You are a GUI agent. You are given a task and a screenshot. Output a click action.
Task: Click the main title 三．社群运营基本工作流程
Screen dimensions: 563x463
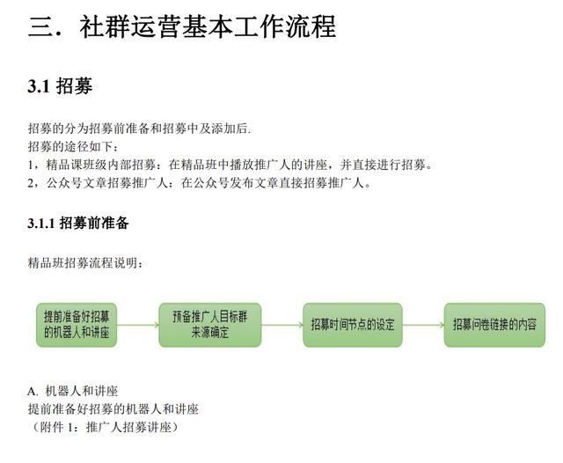tap(182, 26)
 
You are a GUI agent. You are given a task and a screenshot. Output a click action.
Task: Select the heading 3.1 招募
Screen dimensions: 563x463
tap(60, 86)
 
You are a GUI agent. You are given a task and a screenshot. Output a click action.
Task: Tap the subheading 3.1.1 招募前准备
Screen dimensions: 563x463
tap(78, 223)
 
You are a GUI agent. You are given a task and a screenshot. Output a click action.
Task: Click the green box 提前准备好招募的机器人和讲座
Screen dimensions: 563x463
tap(77, 325)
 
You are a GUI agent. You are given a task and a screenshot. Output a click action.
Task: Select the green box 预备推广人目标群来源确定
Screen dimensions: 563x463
tap(210, 325)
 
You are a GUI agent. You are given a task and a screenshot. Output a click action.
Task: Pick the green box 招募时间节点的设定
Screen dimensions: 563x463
tap(353, 325)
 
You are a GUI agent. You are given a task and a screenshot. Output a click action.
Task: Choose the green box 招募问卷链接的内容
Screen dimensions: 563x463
tap(494, 325)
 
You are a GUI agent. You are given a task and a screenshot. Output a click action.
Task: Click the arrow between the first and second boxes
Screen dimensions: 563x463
tap(138, 325)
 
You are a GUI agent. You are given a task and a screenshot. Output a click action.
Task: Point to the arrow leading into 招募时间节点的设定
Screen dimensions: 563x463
tap(282, 325)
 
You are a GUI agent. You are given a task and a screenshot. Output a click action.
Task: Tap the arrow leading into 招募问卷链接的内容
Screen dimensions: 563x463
tap(423, 325)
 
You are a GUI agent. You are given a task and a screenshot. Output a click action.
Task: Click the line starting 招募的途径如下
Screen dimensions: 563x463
tap(73, 146)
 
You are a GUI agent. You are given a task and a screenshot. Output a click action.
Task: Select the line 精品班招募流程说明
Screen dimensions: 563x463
tap(85, 263)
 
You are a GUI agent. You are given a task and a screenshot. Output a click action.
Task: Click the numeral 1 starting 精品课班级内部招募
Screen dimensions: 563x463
tap(31, 165)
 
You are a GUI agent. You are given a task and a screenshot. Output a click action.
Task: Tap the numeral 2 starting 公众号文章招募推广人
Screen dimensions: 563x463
tap(31, 184)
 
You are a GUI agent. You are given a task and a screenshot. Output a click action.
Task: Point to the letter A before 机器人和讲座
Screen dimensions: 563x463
tap(32, 391)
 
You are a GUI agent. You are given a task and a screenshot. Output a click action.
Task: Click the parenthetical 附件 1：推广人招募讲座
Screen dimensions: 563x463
tap(104, 428)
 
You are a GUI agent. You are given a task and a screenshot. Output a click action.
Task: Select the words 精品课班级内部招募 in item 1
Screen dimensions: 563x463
tap(101, 165)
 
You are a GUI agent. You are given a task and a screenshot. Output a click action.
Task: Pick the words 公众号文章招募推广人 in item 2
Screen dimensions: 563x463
tap(107, 183)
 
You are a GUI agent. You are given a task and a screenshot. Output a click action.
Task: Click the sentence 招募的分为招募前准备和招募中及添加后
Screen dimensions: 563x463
tap(139, 129)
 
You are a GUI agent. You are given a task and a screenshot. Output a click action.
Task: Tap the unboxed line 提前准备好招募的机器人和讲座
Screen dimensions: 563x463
tap(113, 409)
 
